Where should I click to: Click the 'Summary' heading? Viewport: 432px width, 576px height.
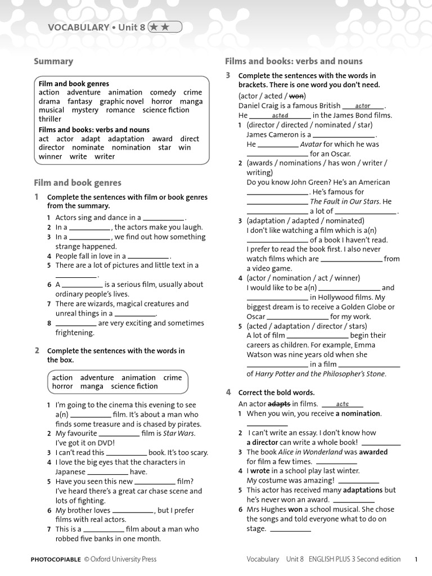click(x=53, y=61)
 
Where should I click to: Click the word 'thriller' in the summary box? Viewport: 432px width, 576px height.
click(x=50, y=119)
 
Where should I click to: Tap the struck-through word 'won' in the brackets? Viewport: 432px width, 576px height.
click(x=296, y=96)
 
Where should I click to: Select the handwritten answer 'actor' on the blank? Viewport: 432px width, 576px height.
click(x=363, y=106)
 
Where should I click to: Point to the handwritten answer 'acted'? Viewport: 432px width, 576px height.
click(x=280, y=115)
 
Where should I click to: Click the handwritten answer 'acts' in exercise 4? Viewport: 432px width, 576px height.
click(x=343, y=404)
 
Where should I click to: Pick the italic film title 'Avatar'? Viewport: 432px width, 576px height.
click(x=311, y=144)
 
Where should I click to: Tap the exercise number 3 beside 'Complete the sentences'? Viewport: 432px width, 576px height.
click(x=228, y=75)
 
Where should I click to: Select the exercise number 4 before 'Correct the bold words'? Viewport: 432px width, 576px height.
click(x=228, y=392)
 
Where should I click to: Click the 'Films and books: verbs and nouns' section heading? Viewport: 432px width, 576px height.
click(x=294, y=61)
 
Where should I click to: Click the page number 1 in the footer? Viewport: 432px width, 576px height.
click(x=416, y=559)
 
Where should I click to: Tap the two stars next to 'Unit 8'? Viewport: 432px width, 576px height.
click(x=165, y=27)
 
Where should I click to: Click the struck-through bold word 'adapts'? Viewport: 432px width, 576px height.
click(x=279, y=404)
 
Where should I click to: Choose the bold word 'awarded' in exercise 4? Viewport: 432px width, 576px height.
click(x=373, y=452)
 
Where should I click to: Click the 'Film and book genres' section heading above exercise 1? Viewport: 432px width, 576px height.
click(x=78, y=183)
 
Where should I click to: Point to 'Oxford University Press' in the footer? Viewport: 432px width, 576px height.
click(x=124, y=559)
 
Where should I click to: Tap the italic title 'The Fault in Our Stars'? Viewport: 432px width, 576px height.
click(x=345, y=201)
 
